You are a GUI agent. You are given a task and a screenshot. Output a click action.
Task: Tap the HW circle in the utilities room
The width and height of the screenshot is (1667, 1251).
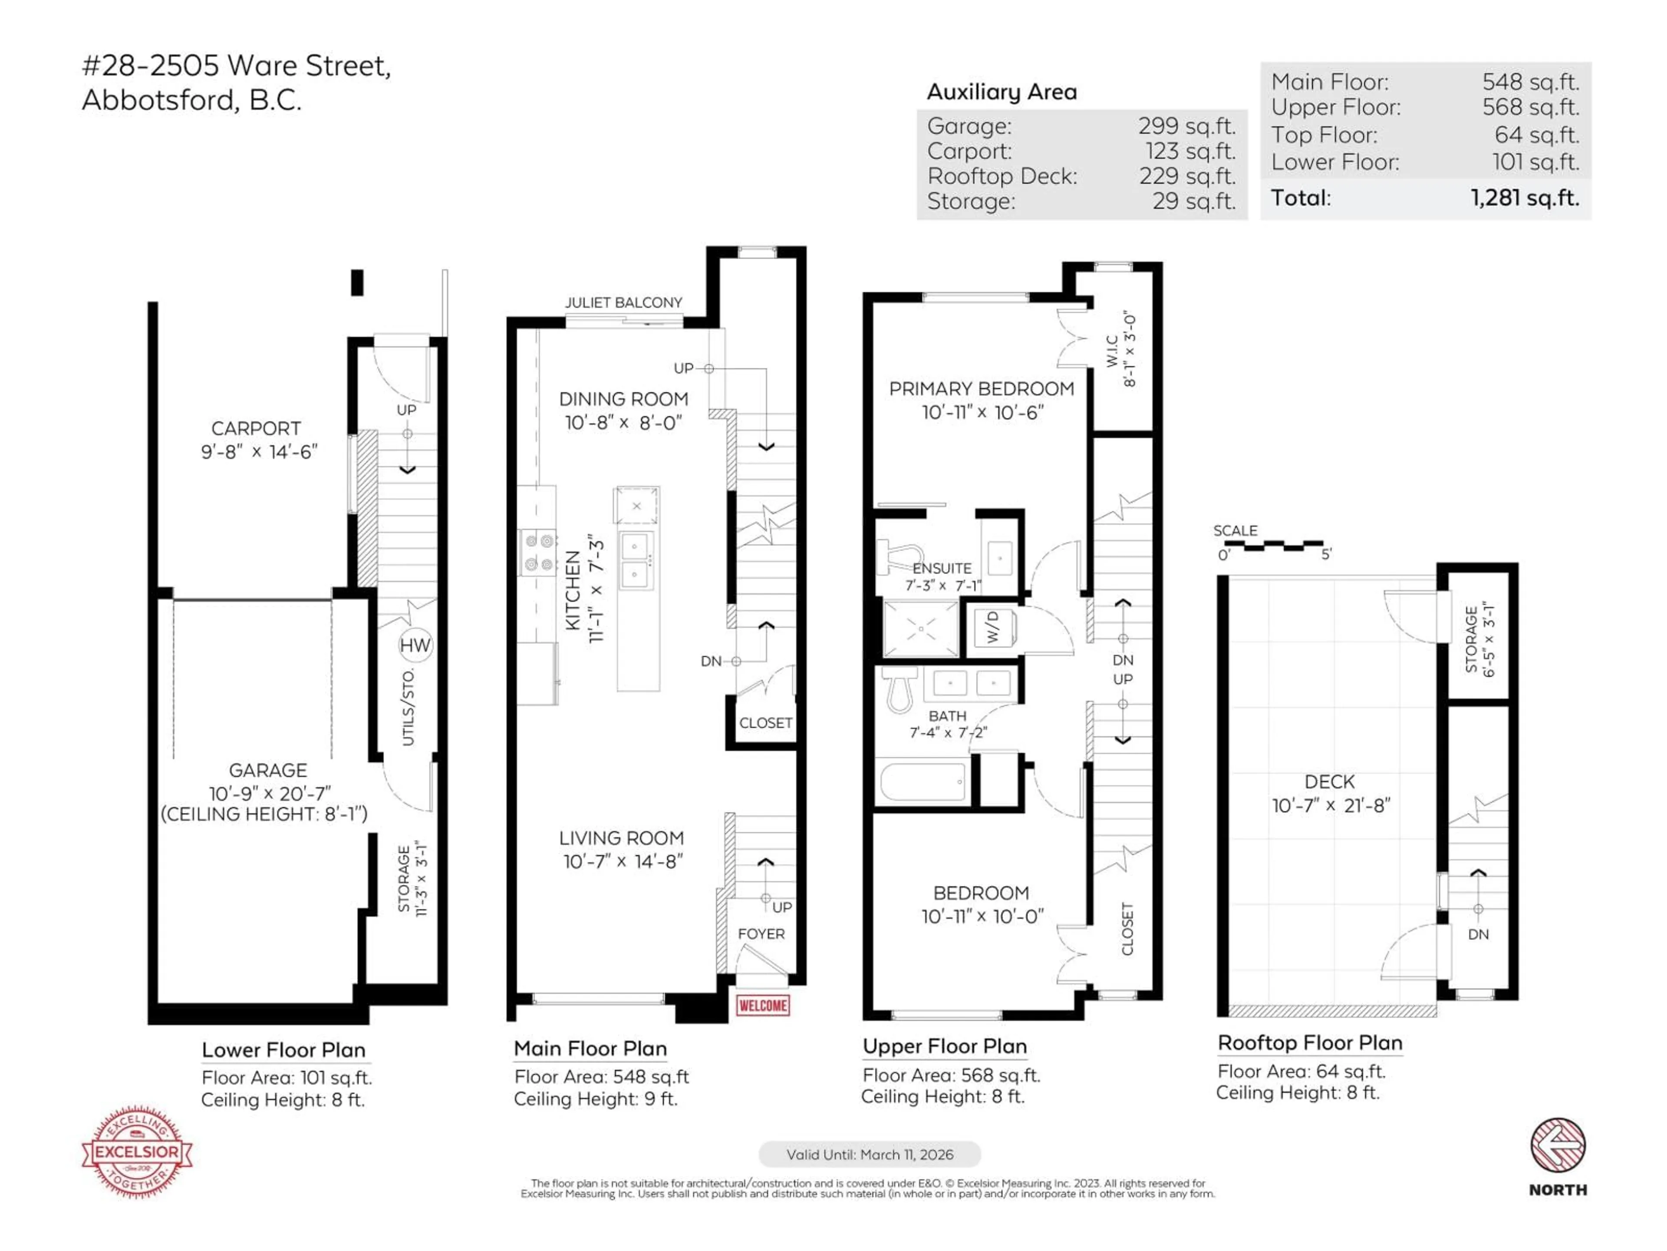tap(415, 645)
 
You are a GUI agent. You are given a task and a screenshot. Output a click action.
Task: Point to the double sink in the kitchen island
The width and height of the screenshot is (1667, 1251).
tap(636, 560)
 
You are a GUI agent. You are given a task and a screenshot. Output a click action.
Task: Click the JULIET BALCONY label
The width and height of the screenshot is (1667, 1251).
tap(623, 302)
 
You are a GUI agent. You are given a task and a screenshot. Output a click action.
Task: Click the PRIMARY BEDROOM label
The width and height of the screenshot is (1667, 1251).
tap(981, 389)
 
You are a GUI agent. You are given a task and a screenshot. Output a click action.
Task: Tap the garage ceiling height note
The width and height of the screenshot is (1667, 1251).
tap(264, 814)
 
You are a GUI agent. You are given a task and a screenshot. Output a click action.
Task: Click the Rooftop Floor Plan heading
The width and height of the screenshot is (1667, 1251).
tap(1310, 1043)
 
